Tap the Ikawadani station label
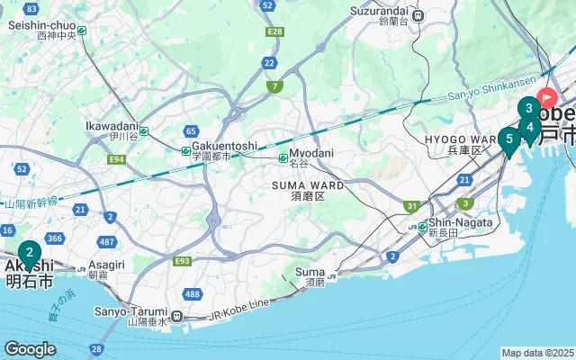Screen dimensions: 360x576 (112, 126)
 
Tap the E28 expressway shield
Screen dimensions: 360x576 (275, 31)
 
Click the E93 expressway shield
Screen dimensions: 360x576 (183, 260)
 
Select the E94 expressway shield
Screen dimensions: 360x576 (115, 159)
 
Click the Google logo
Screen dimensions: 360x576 (30, 349)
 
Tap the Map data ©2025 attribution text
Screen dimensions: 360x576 (537, 353)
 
